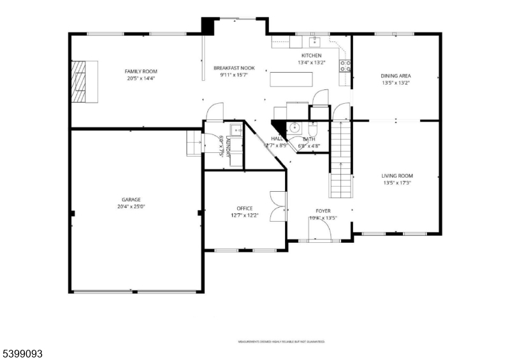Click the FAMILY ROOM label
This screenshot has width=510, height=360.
(141, 71)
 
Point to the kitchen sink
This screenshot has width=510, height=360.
(314, 43)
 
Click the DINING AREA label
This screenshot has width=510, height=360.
(396, 75)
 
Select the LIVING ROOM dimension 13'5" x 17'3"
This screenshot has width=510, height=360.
(397, 183)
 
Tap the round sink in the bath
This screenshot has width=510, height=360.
(295, 127)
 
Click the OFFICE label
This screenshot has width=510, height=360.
(245, 208)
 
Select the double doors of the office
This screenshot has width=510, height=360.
(277, 206)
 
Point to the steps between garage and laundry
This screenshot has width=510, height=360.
(193, 143)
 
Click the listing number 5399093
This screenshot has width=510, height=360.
(22, 352)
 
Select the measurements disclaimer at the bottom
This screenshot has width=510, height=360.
(281, 342)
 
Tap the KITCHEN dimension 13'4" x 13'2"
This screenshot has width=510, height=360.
(312, 62)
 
